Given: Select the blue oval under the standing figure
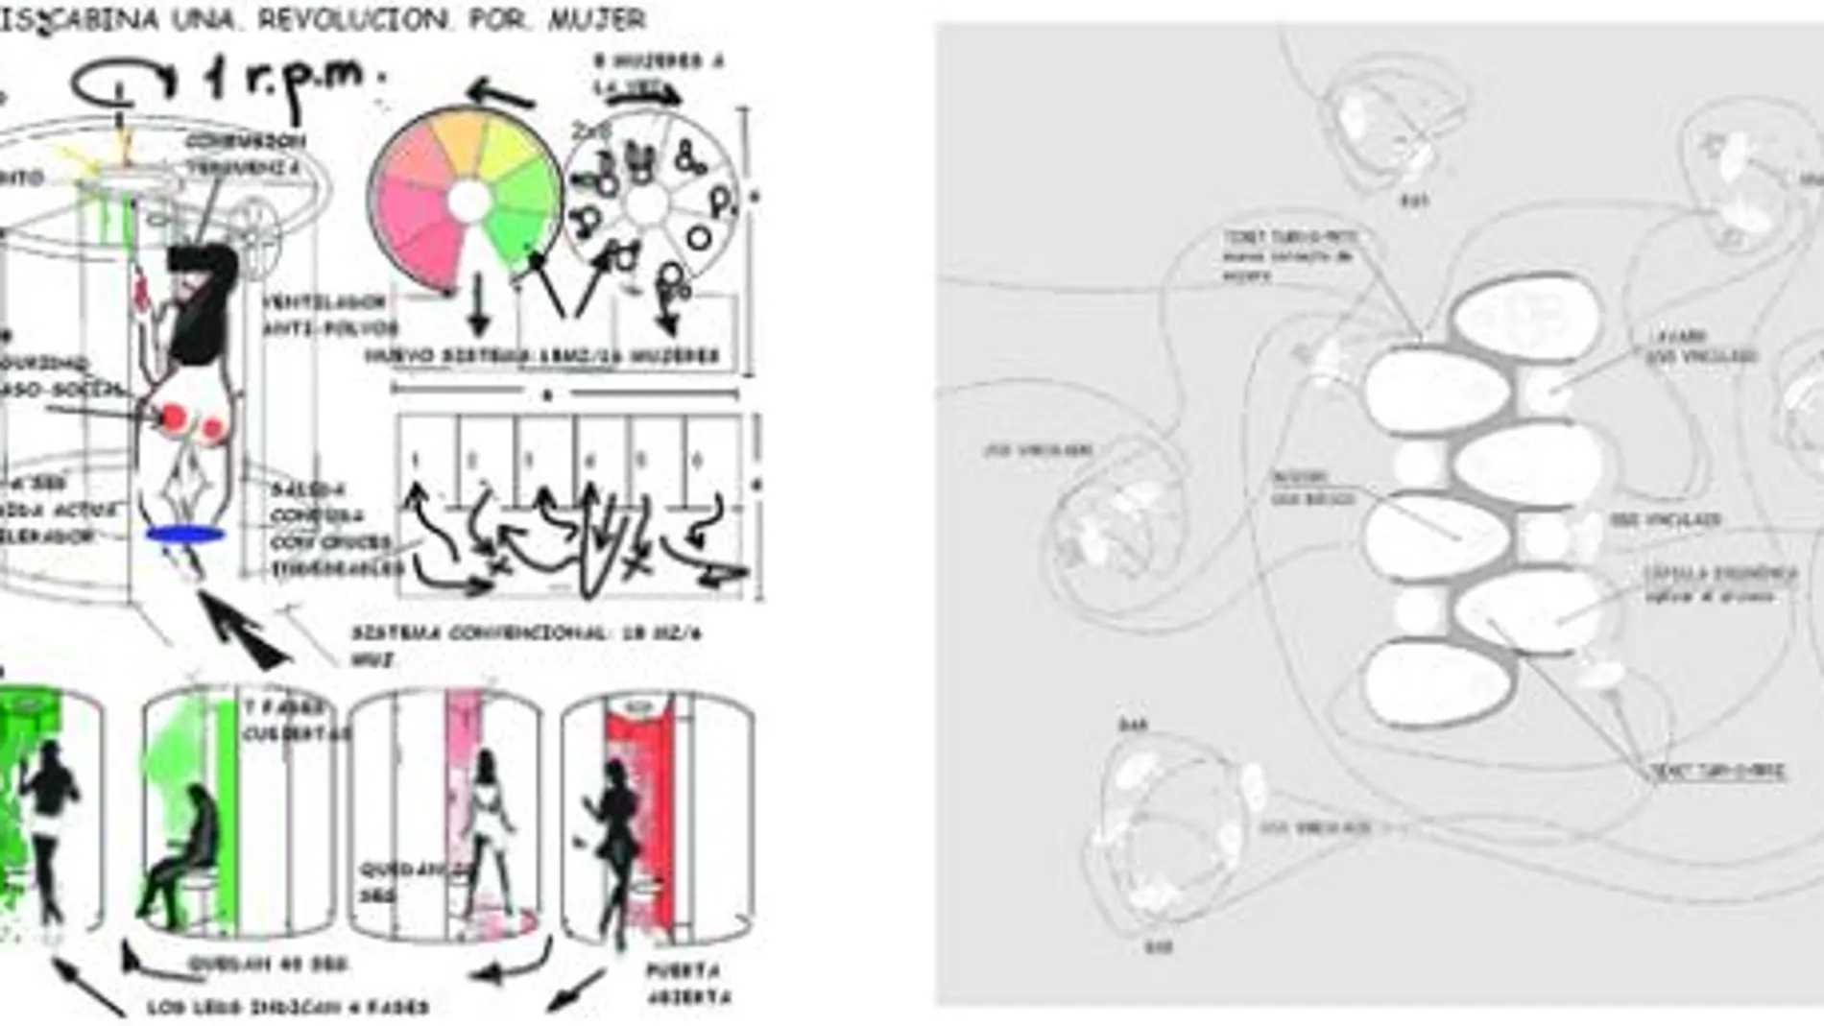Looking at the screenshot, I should (x=185, y=535).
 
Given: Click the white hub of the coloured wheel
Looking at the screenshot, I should (x=469, y=201).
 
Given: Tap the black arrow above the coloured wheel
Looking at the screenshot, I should (x=499, y=94).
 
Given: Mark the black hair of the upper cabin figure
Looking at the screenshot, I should (x=204, y=298).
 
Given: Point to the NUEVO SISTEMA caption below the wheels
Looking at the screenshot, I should (x=541, y=356).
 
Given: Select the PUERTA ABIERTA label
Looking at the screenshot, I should (x=687, y=984).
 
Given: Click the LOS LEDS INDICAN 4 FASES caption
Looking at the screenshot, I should (x=288, y=1007).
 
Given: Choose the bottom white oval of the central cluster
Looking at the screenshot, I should (x=1438, y=683).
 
